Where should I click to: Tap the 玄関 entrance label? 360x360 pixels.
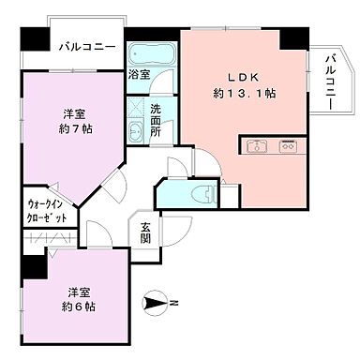(147, 232)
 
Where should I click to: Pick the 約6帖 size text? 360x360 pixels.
(80, 307)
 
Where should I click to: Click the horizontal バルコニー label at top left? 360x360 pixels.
(86, 47)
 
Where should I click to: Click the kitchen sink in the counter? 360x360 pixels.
(257, 146)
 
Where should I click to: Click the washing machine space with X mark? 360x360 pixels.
(137, 108)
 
